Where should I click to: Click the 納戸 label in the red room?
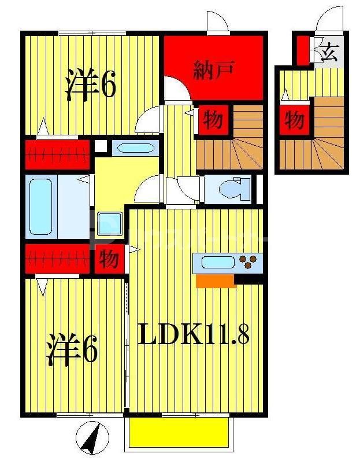[213, 70]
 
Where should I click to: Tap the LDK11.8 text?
[194, 334]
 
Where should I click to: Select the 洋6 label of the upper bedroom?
[91, 86]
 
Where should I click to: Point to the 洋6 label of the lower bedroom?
[72, 349]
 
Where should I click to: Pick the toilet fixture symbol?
[235, 189]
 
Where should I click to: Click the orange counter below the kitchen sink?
[216, 281]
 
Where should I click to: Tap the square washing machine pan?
[109, 224]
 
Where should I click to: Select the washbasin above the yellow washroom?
[135, 148]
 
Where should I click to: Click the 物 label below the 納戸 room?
[212, 120]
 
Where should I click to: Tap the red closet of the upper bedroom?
[58, 154]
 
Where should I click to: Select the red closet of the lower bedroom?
[58, 259]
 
